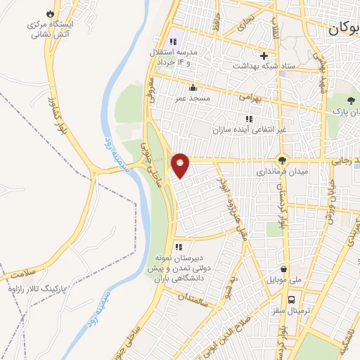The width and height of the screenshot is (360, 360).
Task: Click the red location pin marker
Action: [181, 165]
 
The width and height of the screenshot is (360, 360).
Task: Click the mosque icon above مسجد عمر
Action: [193, 87]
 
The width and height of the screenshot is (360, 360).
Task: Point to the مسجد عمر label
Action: [193, 99]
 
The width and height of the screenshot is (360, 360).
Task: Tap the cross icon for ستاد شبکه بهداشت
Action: [264, 56]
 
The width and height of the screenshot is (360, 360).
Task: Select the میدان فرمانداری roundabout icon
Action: [282, 160]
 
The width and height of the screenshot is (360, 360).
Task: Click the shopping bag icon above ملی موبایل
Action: [283, 269]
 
